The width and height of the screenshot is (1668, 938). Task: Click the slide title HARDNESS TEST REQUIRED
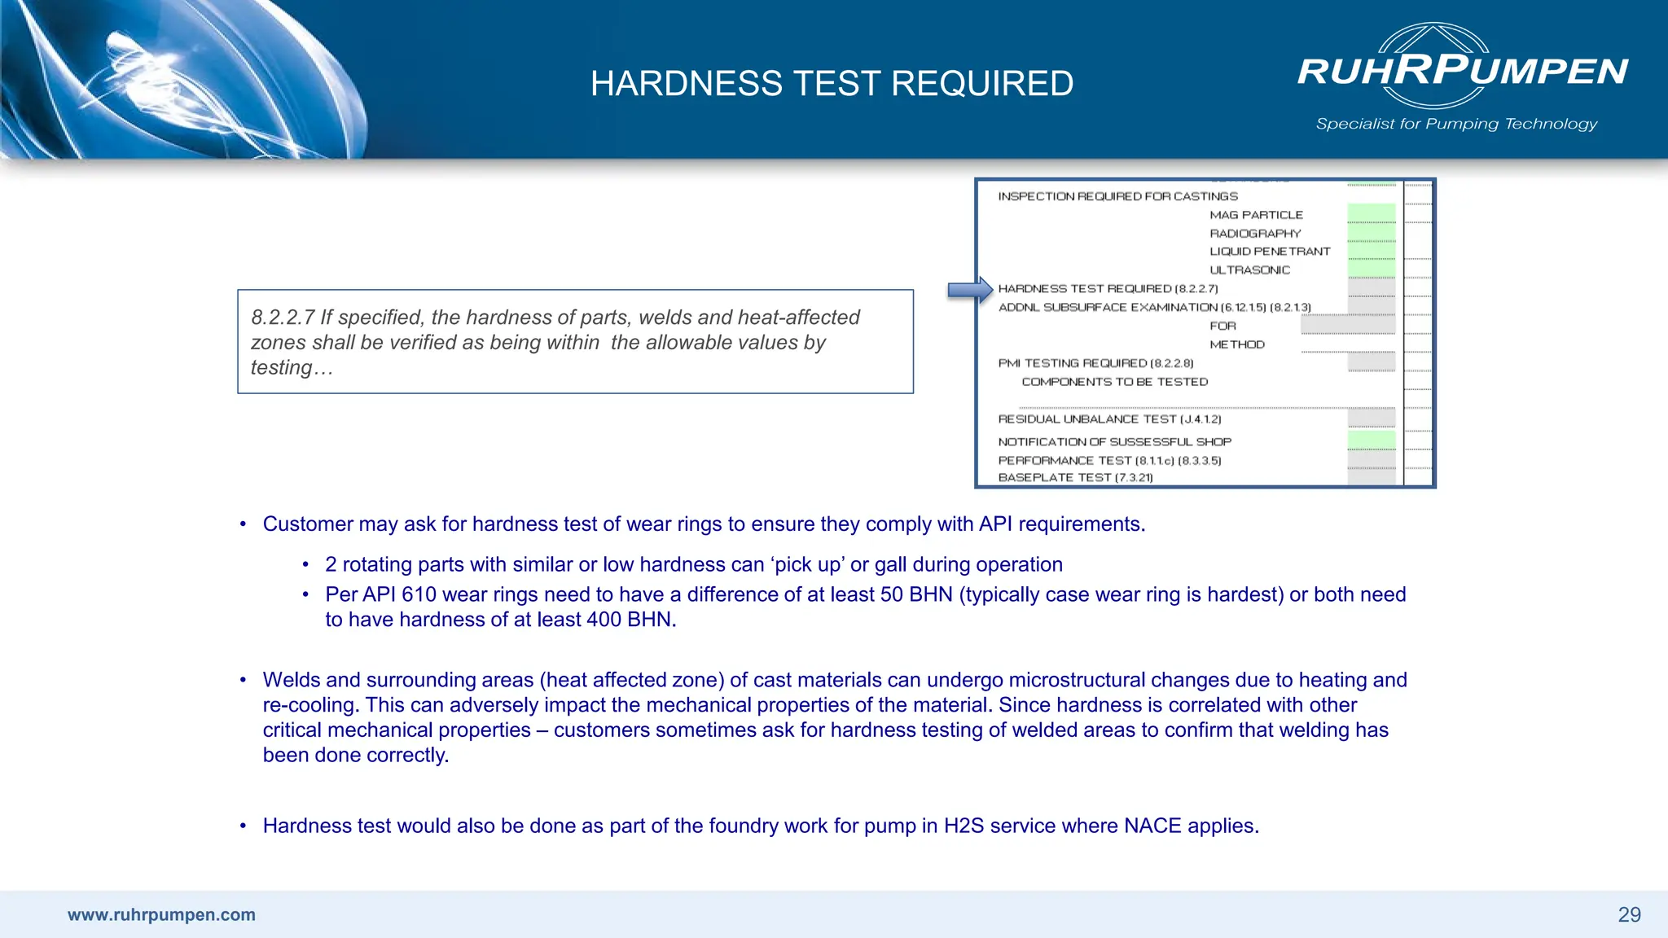click(832, 84)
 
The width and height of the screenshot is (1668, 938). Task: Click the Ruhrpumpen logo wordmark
click(1463, 71)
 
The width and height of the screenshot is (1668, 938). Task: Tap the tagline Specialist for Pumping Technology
click(1456, 124)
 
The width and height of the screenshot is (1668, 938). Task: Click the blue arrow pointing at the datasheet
click(969, 290)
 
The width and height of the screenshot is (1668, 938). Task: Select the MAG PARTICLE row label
click(1256, 215)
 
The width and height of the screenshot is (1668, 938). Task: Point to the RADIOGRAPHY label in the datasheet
click(1255, 234)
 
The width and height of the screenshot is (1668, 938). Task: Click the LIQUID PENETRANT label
click(1270, 252)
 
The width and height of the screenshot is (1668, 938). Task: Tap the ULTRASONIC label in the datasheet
click(1249, 270)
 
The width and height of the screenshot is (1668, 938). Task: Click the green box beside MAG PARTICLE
click(1371, 214)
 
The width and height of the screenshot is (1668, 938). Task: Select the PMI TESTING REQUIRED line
click(1095, 363)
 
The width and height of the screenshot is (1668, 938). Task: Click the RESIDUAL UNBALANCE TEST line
click(1109, 419)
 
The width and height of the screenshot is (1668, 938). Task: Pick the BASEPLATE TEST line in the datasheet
click(1075, 478)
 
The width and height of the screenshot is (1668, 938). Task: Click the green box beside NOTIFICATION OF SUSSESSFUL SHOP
click(1371, 441)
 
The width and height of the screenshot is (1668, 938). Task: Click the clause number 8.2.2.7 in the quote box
click(282, 318)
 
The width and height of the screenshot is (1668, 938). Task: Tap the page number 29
click(1629, 915)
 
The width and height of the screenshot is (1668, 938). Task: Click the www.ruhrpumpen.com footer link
click(161, 915)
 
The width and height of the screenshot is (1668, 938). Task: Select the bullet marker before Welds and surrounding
click(243, 680)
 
